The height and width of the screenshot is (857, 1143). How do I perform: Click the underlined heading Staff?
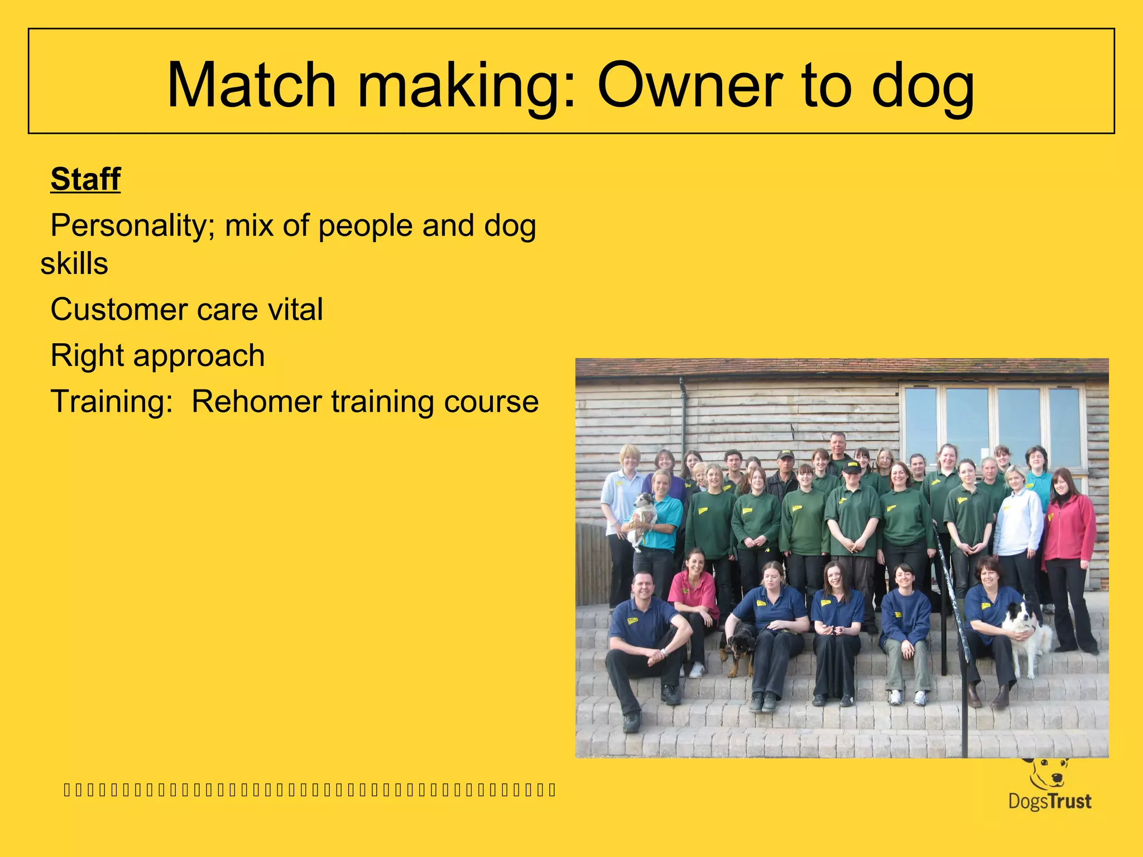(85, 179)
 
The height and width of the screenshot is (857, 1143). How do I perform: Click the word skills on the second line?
(74, 263)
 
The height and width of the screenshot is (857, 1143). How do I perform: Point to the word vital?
(295, 310)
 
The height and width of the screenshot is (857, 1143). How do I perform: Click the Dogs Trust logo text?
(1049, 802)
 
